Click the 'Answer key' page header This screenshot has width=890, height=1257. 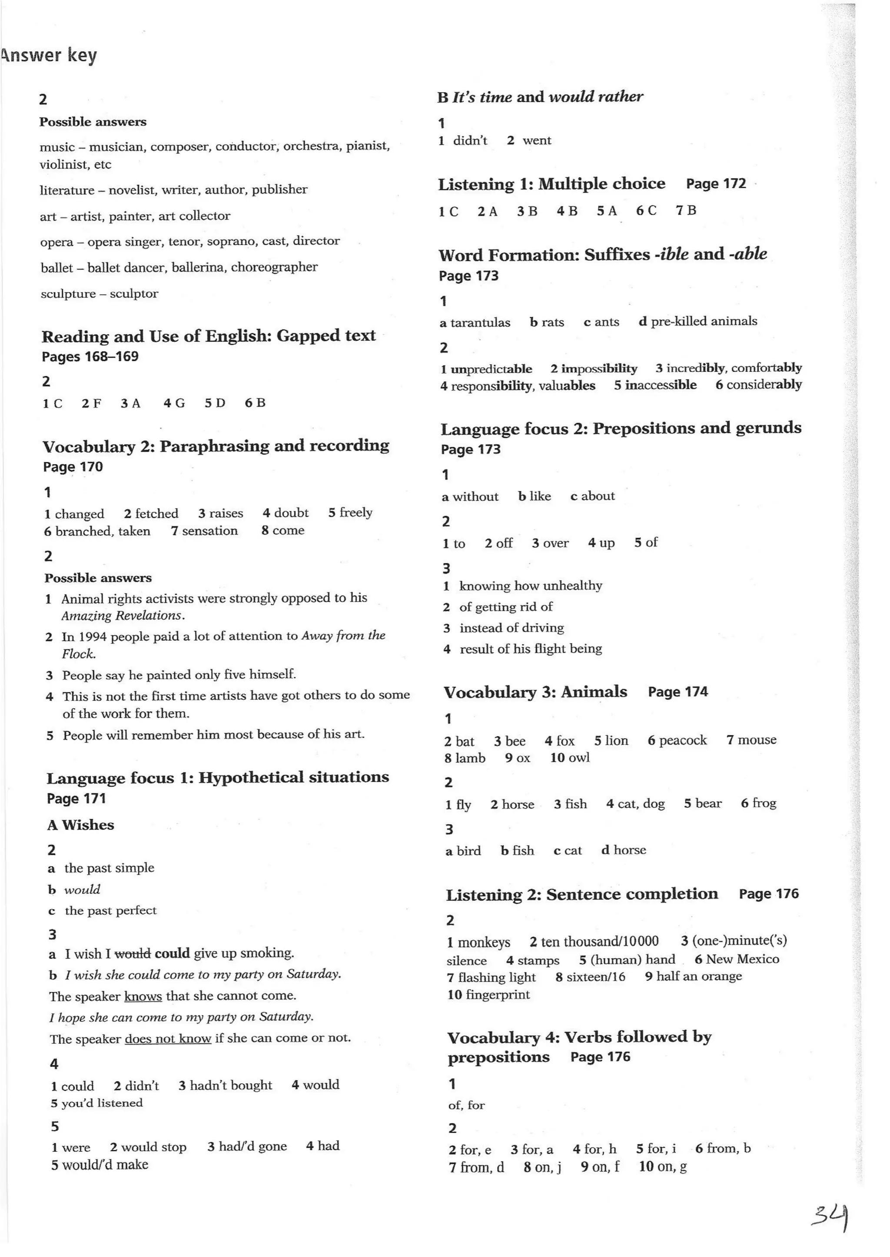click(49, 55)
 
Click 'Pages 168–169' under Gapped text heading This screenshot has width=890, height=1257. click(90, 357)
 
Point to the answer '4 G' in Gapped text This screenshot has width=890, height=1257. click(174, 404)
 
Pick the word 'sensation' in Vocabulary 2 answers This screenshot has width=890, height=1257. click(210, 531)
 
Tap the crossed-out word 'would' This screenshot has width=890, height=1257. click(133, 954)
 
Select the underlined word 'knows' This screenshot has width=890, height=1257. click(143, 996)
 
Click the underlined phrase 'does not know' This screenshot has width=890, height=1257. click(168, 1039)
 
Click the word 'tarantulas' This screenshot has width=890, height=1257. click(480, 323)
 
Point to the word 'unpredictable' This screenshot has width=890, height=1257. click(491, 369)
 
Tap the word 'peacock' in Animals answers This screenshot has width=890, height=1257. click(682, 741)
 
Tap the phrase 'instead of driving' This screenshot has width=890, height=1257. click(511, 628)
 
